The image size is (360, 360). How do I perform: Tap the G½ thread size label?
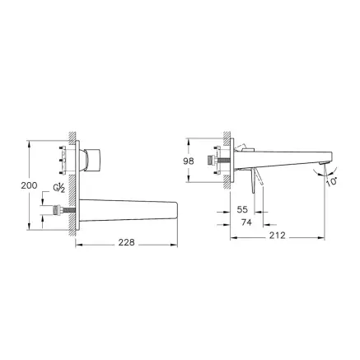(58, 188)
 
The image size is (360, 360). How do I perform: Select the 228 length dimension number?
(126, 243)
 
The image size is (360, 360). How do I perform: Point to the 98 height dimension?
(189, 161)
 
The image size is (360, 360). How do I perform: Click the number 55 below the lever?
(241, 210)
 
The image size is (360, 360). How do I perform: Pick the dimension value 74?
(245, 222)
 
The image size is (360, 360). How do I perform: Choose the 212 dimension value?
(277, 236)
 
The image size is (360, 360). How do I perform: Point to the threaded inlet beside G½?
(63, 213)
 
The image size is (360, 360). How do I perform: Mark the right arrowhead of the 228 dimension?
(177, 243)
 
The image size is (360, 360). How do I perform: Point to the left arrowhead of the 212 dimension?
(231, 236)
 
